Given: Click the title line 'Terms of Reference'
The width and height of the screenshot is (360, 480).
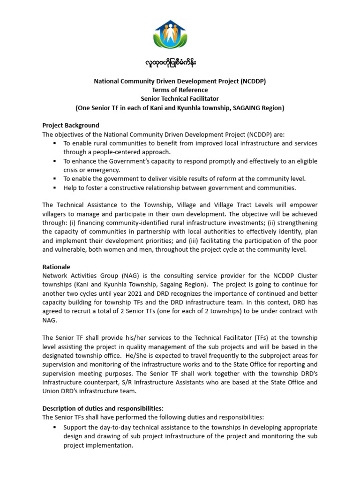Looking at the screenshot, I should pyautogui.click(x=180, y=90).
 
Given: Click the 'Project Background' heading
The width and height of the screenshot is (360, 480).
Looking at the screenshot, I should pyautogui.click(x=71, y=125).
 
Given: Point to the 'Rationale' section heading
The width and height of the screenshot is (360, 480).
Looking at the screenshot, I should pyautogui.click(x=56, y=267).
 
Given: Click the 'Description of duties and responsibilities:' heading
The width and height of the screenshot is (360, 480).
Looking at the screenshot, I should pyautogui.click(x=103, y=408).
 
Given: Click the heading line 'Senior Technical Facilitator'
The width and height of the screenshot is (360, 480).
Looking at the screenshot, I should pyautogui.click(x=180, y=99).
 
